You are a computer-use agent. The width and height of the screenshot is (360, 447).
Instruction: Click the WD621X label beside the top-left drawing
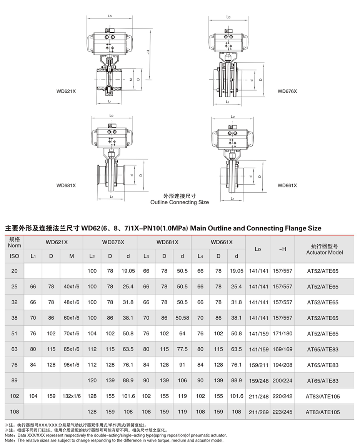(x=66, y=91)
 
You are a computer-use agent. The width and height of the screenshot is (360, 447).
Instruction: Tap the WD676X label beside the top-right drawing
(x=287, y=91)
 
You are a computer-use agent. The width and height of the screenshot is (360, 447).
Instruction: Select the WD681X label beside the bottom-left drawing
(x=66, y=185)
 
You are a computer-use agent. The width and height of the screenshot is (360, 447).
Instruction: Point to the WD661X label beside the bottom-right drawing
(x=287, y=185)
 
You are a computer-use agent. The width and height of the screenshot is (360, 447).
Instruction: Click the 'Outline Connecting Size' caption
(x=180, y=202)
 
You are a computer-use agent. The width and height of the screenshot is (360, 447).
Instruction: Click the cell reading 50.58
(x=182, y=318)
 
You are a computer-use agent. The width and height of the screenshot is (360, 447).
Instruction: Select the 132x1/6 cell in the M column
(x=72, y=396)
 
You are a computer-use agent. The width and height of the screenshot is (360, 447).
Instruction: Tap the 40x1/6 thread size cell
(x=72, y=287)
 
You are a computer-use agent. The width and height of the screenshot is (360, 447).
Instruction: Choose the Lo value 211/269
(x=258, y=412)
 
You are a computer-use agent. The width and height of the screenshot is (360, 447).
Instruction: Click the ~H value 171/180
(x=282, y=334)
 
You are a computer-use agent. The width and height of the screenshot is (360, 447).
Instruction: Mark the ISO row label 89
(x=14, y=380)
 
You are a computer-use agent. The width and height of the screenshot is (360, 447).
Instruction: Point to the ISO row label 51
(x=14, y=334)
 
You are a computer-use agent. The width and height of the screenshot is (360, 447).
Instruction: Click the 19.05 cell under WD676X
(x=128, y=271)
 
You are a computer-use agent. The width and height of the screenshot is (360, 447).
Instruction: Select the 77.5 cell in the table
(x=182, y=349)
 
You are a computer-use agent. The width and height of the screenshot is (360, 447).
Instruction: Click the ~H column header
(x=282, y=249)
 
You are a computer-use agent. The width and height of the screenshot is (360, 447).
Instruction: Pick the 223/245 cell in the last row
(x=282, y=412)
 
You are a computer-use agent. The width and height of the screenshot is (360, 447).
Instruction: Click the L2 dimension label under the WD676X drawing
(x=227, y=102)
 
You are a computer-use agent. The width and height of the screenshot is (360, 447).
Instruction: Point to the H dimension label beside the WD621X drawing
(x=148, y=52)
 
